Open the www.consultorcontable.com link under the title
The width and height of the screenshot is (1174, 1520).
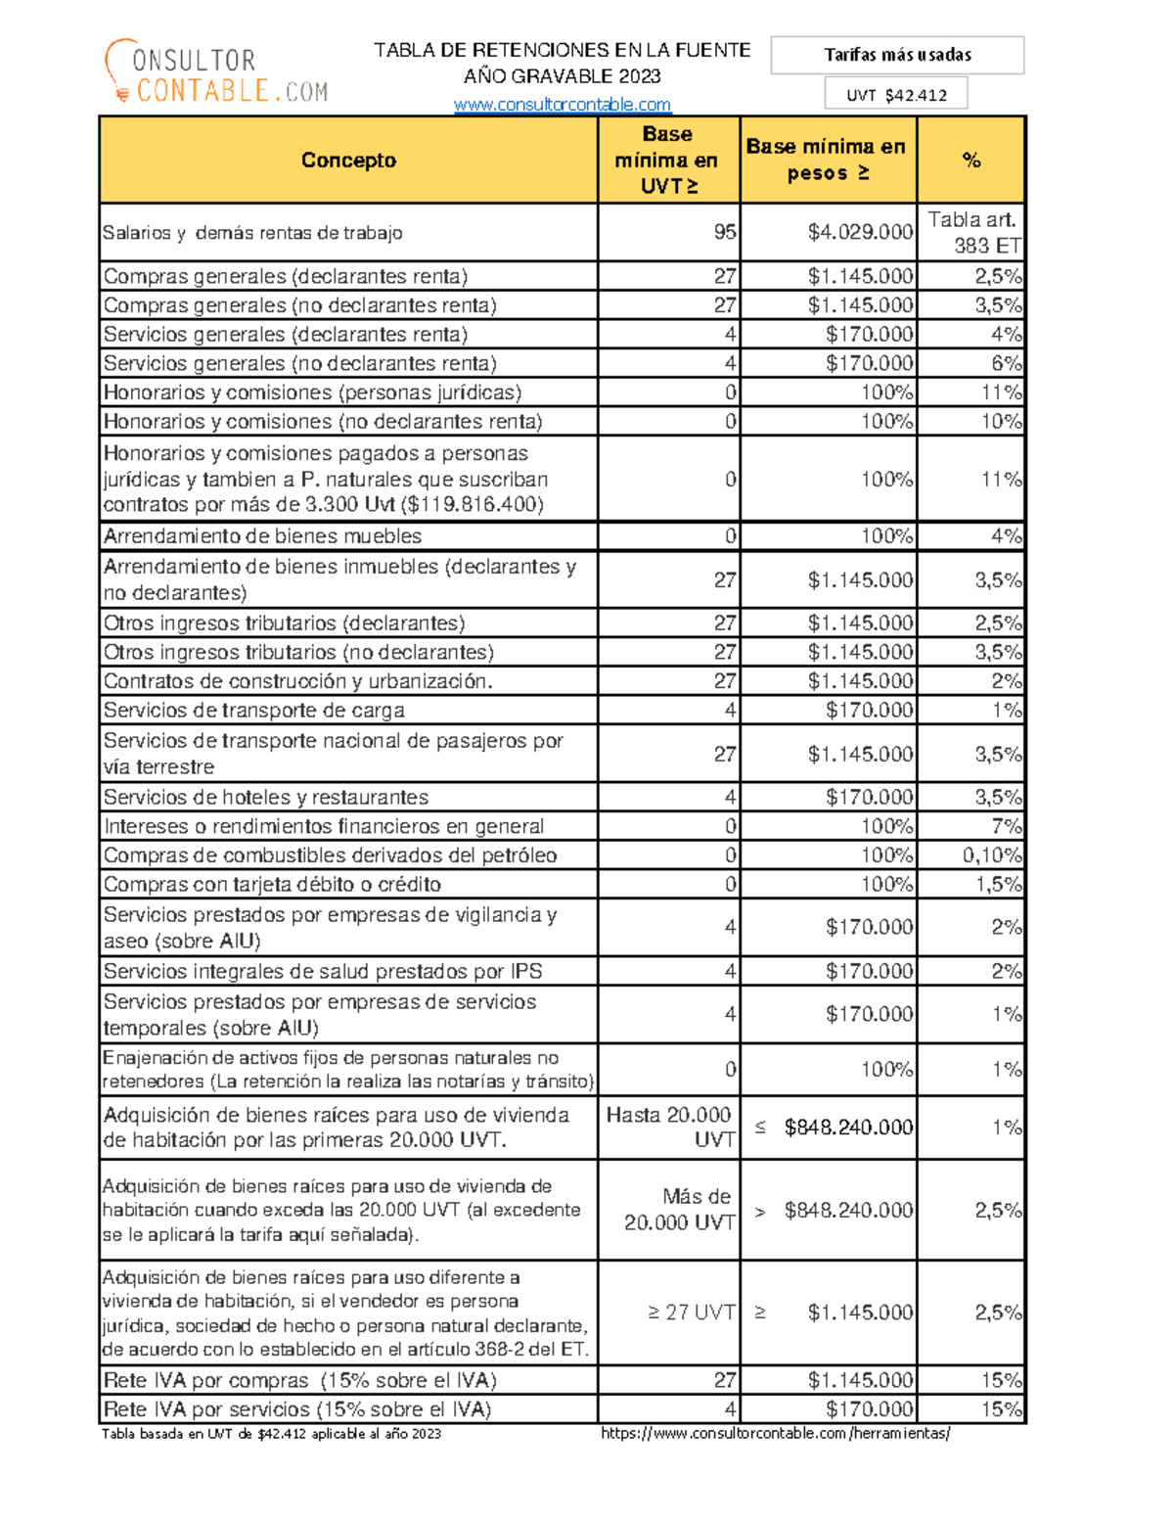[563, 105]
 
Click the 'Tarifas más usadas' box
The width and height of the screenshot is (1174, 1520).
[897, 56]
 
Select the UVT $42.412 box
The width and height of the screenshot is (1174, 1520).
[896, 95]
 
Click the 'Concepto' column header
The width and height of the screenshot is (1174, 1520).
[348, 161]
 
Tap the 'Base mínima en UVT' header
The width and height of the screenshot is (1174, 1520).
[668, 161]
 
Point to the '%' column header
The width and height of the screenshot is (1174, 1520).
[971, 161]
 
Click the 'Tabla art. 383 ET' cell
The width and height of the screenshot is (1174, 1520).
[972, 233]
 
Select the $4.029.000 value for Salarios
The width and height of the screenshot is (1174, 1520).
[860, 232]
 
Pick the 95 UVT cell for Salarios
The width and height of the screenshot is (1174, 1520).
[724, 232]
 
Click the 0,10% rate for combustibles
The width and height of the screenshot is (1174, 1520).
[991, 855]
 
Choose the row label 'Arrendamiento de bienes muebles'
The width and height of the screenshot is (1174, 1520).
[263, 536]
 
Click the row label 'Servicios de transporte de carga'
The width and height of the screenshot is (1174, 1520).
[254, 711]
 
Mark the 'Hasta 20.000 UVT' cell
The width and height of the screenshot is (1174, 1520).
[670, 1128]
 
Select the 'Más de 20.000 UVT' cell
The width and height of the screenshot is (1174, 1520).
[680, 1210]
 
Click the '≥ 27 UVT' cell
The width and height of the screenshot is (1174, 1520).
[691, 1313]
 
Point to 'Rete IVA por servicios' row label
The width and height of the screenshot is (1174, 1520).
[297, 1409]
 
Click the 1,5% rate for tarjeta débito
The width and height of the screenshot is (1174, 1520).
[998, 885]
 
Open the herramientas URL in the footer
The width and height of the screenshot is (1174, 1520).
[775, 1434]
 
